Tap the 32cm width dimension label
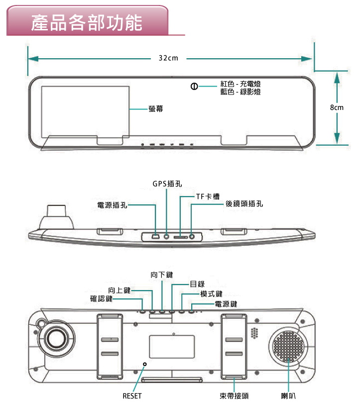pos(169,59)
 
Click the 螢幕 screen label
pos(155,108)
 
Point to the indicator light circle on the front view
pos(193,88)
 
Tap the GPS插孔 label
pos(167,184)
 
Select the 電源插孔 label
pos(112,204)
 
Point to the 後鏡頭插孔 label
pos(244,203)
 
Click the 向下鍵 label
pos(162,275)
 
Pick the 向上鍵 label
pos(119,290)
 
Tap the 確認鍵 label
pos(101,299)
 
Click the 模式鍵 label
pos(211,294)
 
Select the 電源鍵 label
pos(226,304)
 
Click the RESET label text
pos(132,396)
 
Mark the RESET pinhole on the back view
pos(145,364)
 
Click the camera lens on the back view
pos(56,339)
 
